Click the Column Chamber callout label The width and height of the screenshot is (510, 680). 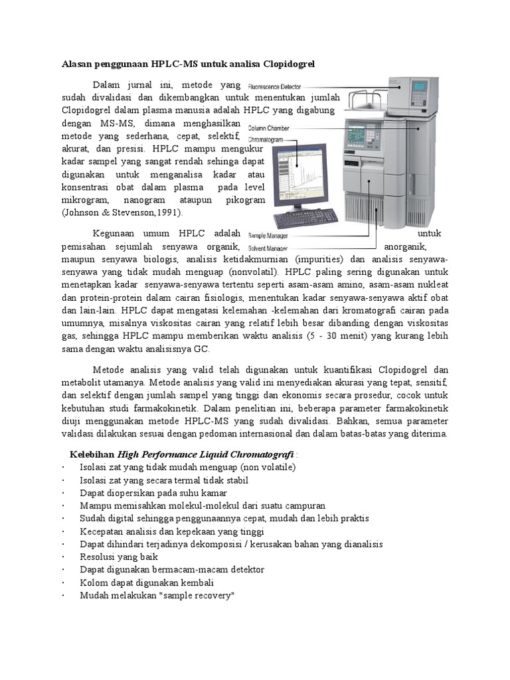[269, 128]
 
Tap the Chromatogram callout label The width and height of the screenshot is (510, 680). [266, 140]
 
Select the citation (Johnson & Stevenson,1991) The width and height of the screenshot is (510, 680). [122, 212]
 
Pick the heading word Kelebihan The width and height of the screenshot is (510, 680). [92, 454]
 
